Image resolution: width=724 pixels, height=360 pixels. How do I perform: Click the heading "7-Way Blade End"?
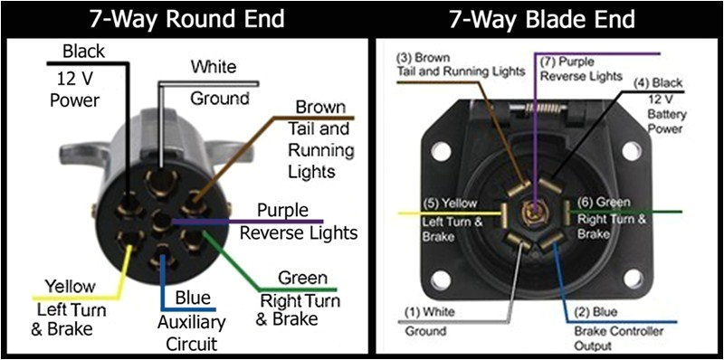[547, 17]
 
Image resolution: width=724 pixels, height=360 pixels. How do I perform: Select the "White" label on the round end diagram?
[214, 68]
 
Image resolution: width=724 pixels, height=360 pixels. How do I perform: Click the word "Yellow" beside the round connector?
[70, 286]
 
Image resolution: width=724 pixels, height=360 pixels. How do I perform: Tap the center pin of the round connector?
[162, 221]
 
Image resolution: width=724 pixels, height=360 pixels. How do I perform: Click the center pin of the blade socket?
[536, 214]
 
